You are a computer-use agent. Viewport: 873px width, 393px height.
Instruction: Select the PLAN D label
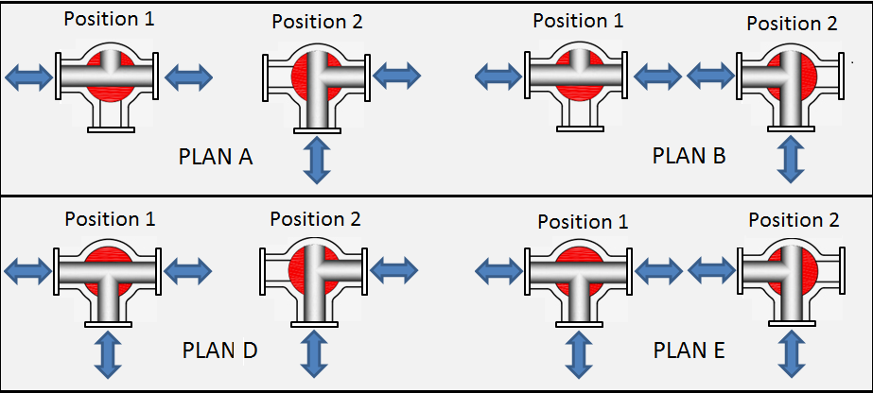coord(219,351)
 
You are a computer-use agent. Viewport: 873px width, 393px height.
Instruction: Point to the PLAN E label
coord(689,351)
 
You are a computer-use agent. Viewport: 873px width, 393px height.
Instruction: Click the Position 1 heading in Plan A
coord(110,20)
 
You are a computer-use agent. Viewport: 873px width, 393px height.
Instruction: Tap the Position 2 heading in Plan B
coord(792,24)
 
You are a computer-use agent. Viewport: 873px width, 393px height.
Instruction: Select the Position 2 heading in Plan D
coord(315,219)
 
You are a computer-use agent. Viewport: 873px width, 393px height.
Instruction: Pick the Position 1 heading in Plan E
coord(583,222)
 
